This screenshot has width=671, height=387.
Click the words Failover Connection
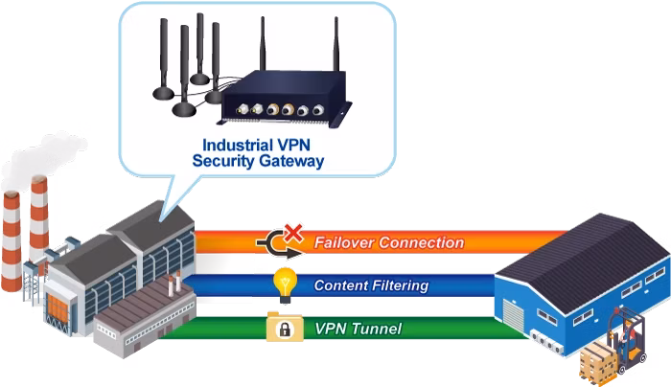tap(389, 242)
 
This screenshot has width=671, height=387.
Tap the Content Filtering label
tap(371, 285)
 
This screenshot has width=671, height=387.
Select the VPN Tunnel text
tap(359, 329)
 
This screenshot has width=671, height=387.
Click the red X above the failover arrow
tap(293, 233)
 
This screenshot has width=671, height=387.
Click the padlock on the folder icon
tap(285, 330)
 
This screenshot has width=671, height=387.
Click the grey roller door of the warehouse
tap(513, 315)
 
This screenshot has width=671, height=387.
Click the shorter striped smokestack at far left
tap(12, 241)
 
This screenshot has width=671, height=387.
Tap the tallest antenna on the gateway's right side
tap(336, 45)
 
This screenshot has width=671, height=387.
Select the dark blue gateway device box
tap(284, 100)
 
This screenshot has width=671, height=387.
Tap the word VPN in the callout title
tap(293, 145)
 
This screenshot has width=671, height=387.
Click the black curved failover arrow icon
tap(278, 244)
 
